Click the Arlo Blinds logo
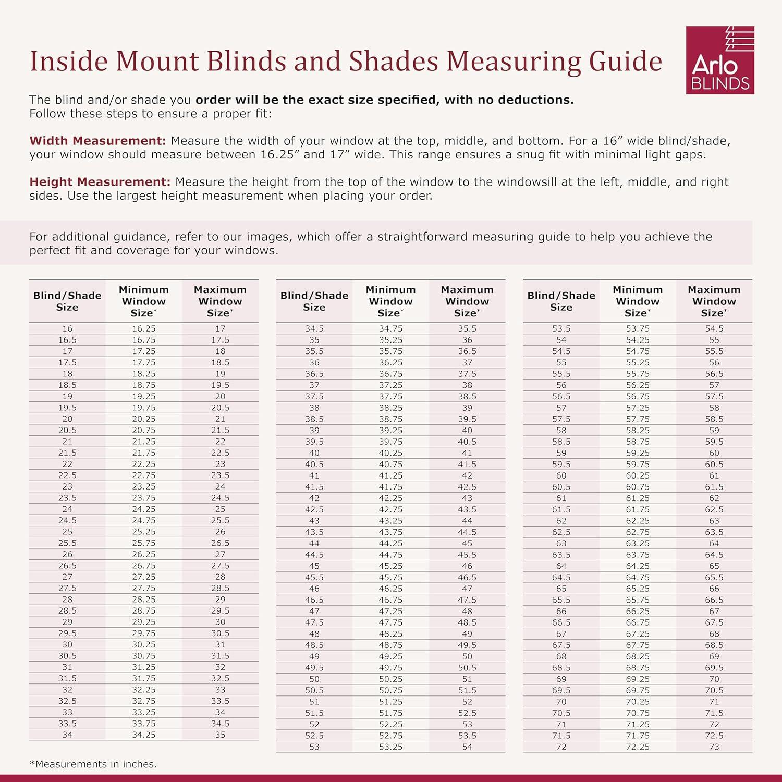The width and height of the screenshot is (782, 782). [720, 60]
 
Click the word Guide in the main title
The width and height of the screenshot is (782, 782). [626, 62]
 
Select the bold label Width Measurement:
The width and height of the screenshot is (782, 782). [97, 141]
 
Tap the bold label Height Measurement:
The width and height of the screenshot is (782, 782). [100, 182]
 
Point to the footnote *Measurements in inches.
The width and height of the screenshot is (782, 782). [93, 764]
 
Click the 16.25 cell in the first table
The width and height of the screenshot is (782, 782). [143, 328]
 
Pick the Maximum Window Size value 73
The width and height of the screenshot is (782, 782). [714, 747]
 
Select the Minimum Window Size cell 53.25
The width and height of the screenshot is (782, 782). [390, 747]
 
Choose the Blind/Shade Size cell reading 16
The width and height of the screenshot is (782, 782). [67, 328]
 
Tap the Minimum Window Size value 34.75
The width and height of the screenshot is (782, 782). [390, 328]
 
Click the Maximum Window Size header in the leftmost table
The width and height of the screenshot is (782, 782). [220, 301]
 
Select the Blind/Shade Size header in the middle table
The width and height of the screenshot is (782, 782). [314, 301]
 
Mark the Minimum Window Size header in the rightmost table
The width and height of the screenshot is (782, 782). [638, 301]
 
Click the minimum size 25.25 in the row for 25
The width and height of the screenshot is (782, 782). [143, 532]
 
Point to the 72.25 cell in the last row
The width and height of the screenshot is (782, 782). [638, 747]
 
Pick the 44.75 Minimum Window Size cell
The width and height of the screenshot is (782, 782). [390, 555]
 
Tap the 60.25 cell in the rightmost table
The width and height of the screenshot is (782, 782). [638, 475]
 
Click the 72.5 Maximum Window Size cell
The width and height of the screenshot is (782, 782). [714, 736]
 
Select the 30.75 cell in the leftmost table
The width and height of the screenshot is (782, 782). [143, 656]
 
